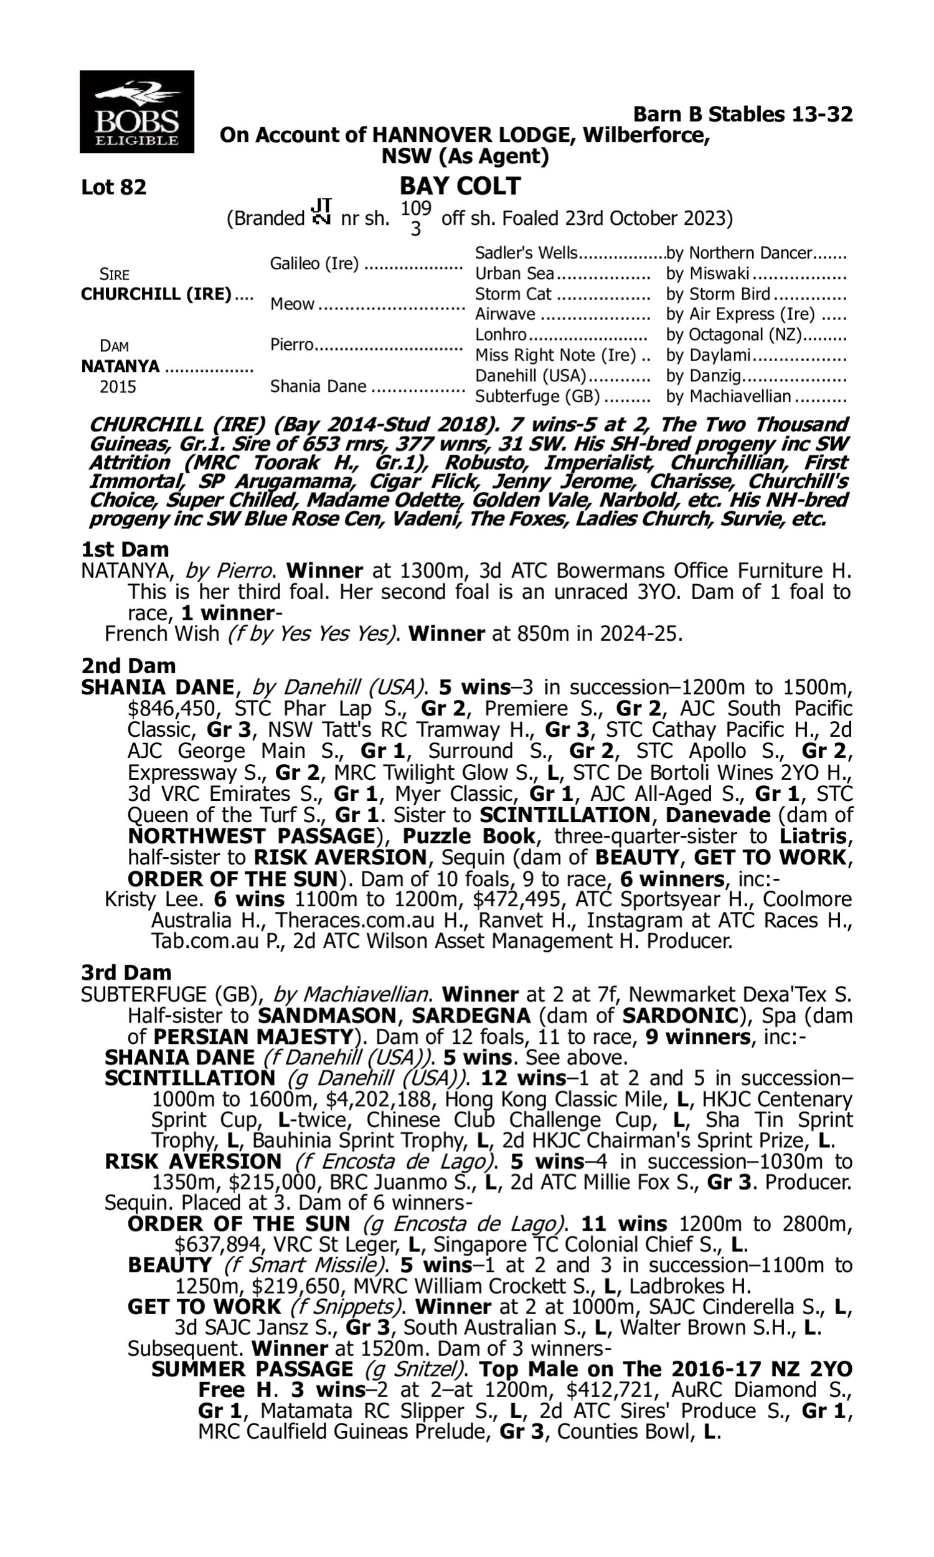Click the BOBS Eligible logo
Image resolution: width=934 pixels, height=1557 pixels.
point(136,112)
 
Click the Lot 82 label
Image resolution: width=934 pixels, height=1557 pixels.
point(113,187)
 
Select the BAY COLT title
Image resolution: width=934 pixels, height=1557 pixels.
point(460,186)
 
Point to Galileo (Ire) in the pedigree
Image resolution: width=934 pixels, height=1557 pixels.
point(314,263)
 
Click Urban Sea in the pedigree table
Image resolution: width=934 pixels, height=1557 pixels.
point(514,273)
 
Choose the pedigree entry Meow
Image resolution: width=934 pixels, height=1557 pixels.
point(292,304)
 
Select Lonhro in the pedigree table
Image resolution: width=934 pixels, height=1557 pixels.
point(501,335)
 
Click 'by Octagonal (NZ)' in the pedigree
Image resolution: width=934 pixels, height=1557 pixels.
point(734,335)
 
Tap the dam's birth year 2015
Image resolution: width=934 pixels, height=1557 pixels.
point(118,386)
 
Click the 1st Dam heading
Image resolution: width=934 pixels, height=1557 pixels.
point(125,549)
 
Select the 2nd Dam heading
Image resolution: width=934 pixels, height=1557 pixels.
point(128,665)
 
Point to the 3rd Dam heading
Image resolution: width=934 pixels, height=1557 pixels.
point(126,972)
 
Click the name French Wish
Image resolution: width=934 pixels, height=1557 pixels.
point(162,633)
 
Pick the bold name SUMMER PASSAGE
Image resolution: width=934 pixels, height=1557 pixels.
point(252,1370)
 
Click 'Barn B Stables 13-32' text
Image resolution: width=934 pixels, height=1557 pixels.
point(743,115)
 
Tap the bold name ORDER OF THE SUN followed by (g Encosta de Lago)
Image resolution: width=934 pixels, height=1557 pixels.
point(238,1224)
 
